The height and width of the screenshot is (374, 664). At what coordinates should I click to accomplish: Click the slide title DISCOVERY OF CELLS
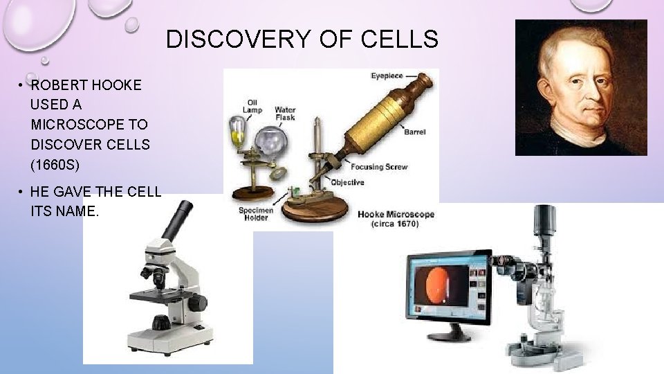tap(302, 39)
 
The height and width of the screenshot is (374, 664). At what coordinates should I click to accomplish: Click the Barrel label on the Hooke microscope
tap(415, 132)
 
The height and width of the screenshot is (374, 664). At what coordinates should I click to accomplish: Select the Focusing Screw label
tap(379, 167)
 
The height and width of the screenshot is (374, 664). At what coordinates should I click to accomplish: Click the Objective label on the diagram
tap(347, 182)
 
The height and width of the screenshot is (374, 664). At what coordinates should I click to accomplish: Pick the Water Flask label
tap(285, 114)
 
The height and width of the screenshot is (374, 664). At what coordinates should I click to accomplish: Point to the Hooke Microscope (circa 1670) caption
tap(396, 219)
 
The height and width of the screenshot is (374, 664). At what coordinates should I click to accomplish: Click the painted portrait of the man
tap(581, 87)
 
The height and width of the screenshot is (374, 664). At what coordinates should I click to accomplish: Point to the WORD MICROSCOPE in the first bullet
tap(89, 125)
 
